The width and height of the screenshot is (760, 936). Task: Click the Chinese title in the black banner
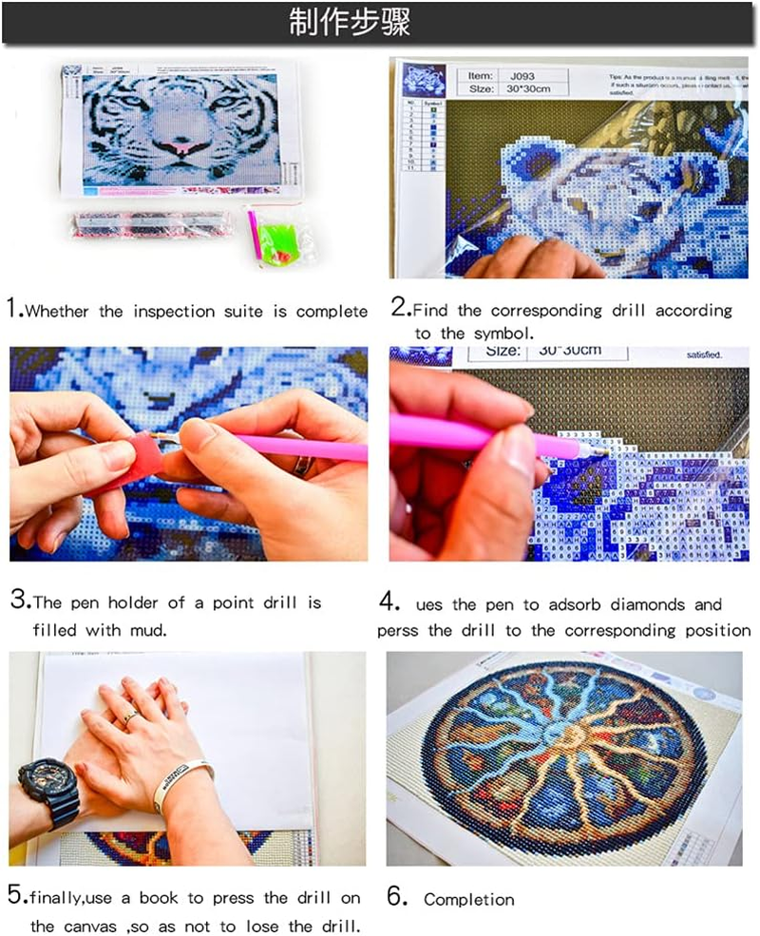tap(350, 24)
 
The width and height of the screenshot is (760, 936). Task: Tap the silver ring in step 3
tap(301, 466)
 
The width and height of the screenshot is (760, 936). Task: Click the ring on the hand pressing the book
tap(129, 717)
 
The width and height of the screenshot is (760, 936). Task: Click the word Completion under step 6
tap(468, 899)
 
